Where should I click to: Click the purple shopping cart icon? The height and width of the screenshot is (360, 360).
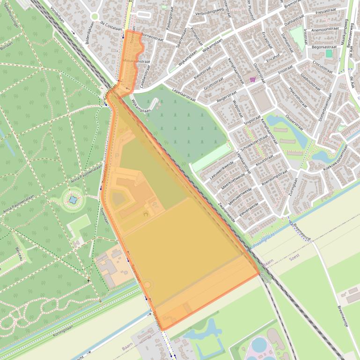click(x=253, y=79)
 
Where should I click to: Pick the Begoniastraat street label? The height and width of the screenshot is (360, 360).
click(x=324, y=47)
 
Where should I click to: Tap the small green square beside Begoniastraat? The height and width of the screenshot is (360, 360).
click(x=329, y=54)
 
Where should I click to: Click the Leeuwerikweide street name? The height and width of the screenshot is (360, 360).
click(x=221, y=171)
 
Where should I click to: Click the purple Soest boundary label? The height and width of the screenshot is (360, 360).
click(x=294, y=257)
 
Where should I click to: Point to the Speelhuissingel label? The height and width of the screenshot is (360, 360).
click(x=11, y=18)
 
